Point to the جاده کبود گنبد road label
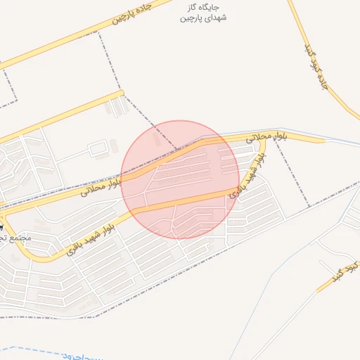[315, 67]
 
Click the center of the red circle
[180, 179]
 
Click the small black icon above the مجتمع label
[2, 227]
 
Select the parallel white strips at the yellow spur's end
[116, 106]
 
